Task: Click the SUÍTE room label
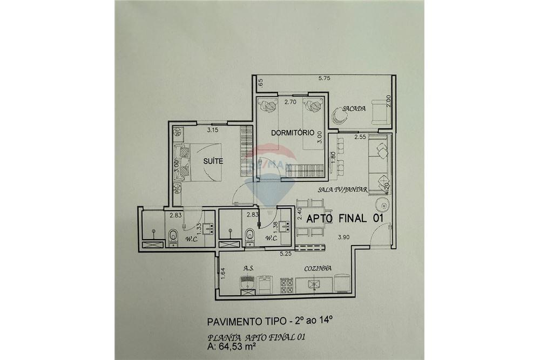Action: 213,161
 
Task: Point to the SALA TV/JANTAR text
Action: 342,189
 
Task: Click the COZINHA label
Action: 318,268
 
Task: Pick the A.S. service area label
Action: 249,268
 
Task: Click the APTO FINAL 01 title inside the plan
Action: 345,219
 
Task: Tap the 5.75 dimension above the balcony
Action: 324,79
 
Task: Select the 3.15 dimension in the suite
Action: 215,130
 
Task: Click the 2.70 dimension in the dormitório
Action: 290,101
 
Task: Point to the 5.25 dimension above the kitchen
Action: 286,253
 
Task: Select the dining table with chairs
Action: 310,219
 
